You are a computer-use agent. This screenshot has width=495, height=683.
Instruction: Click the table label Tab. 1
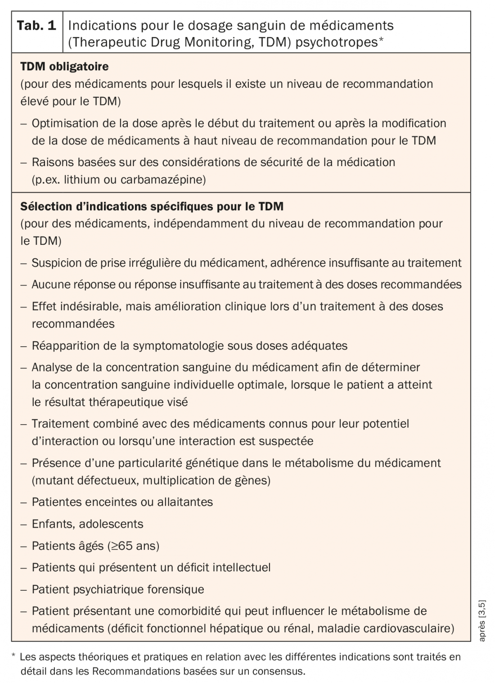click(36, 25)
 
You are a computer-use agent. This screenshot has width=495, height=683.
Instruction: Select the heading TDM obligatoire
click(64, 67)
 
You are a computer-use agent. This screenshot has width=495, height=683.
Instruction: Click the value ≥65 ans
click(134, 546)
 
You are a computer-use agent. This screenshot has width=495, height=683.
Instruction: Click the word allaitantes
click(185, 502)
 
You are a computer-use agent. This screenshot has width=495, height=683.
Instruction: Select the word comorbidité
click(185, 611)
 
